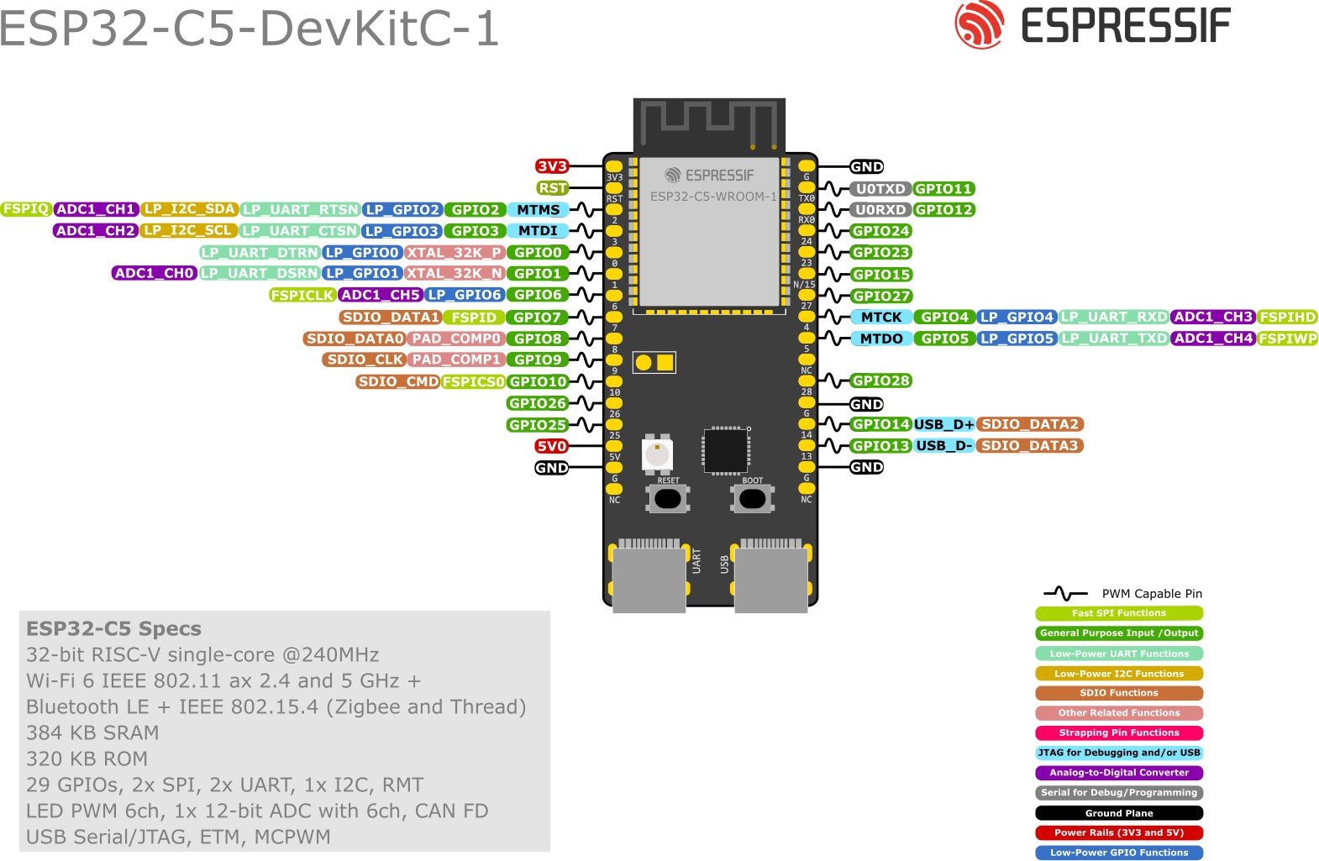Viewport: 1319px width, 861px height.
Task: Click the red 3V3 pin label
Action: click(552, 166)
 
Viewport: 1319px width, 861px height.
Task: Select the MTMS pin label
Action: click(538, 210)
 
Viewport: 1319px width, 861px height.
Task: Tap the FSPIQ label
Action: click(26, 209)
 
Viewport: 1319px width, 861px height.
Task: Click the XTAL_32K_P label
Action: click(455, 253)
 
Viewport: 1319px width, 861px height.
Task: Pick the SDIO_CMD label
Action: click(398, 381)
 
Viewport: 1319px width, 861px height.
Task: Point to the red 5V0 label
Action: click(552, 446)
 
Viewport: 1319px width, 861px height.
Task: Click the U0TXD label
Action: click(880, 189)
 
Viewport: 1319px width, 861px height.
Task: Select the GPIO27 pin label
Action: click(880, 296)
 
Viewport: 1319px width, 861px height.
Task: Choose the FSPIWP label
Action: click(1288, 339)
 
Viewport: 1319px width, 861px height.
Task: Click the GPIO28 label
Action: click(880, 381)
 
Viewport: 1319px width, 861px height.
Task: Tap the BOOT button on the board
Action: click(752, 498)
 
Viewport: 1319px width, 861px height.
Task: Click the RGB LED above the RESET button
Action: click(657, 454)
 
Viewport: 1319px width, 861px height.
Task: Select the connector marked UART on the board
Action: click(648, 575)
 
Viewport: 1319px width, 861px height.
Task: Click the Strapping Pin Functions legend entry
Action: click(1119, 732)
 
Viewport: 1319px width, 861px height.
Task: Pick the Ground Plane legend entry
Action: click(1119, 813)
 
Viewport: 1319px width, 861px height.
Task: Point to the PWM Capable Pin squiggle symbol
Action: click(1064, 593)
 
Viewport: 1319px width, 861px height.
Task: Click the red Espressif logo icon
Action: click(980, 24)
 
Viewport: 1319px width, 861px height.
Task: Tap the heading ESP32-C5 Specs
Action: click(113, 629)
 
